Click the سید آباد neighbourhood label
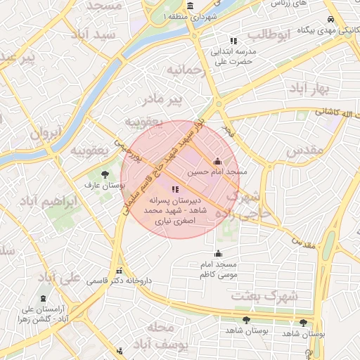[98, 34]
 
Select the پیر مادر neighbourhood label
[181, 99]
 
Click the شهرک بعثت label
[265, 296]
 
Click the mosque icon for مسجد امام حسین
[217, 161]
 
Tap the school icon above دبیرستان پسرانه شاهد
[175, 189]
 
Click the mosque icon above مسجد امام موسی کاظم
[219, 254]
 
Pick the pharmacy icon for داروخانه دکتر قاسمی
[119, 271]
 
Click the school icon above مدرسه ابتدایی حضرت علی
[233, 41]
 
